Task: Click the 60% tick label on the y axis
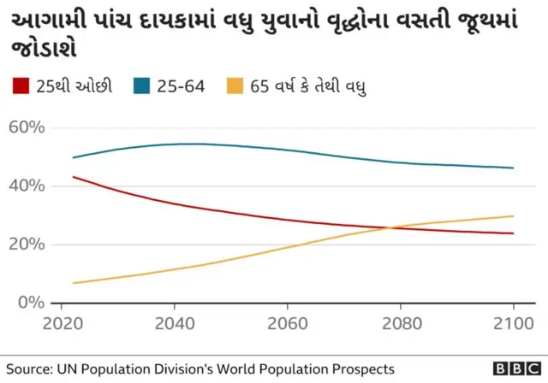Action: click(x=24, y=128)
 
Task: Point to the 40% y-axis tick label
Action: click(x=24, y=186)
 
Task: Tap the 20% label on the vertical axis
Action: click(x=24, y=245)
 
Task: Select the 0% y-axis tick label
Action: click(x=29, y=303)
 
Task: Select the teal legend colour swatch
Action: click(x=143, y=85)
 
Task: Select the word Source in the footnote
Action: click(x=27, y=368)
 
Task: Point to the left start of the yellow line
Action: click(x=73, y=283)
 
